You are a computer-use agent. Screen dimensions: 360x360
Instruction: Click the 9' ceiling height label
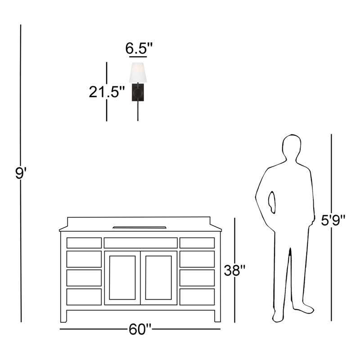click(x=21, y=173)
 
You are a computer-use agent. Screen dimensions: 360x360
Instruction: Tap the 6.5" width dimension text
click(x=139, y=48)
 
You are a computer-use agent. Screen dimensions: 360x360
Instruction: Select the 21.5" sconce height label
click(x=107, y=92)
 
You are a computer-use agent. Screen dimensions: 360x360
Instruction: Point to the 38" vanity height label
click(x=234, y=270)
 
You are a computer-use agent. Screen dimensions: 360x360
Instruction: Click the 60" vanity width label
click(x=140, y=329)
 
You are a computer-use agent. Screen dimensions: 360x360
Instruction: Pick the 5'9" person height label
click(x=333, y=220)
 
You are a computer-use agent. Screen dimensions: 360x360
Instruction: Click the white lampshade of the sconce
click(x=138, y=72)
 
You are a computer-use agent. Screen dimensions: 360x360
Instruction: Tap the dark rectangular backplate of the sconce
click(x=138, y=92)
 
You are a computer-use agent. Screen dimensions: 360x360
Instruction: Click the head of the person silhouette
click(x=292, y=146)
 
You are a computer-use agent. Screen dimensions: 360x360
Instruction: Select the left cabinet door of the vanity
click(x=122, y=278)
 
